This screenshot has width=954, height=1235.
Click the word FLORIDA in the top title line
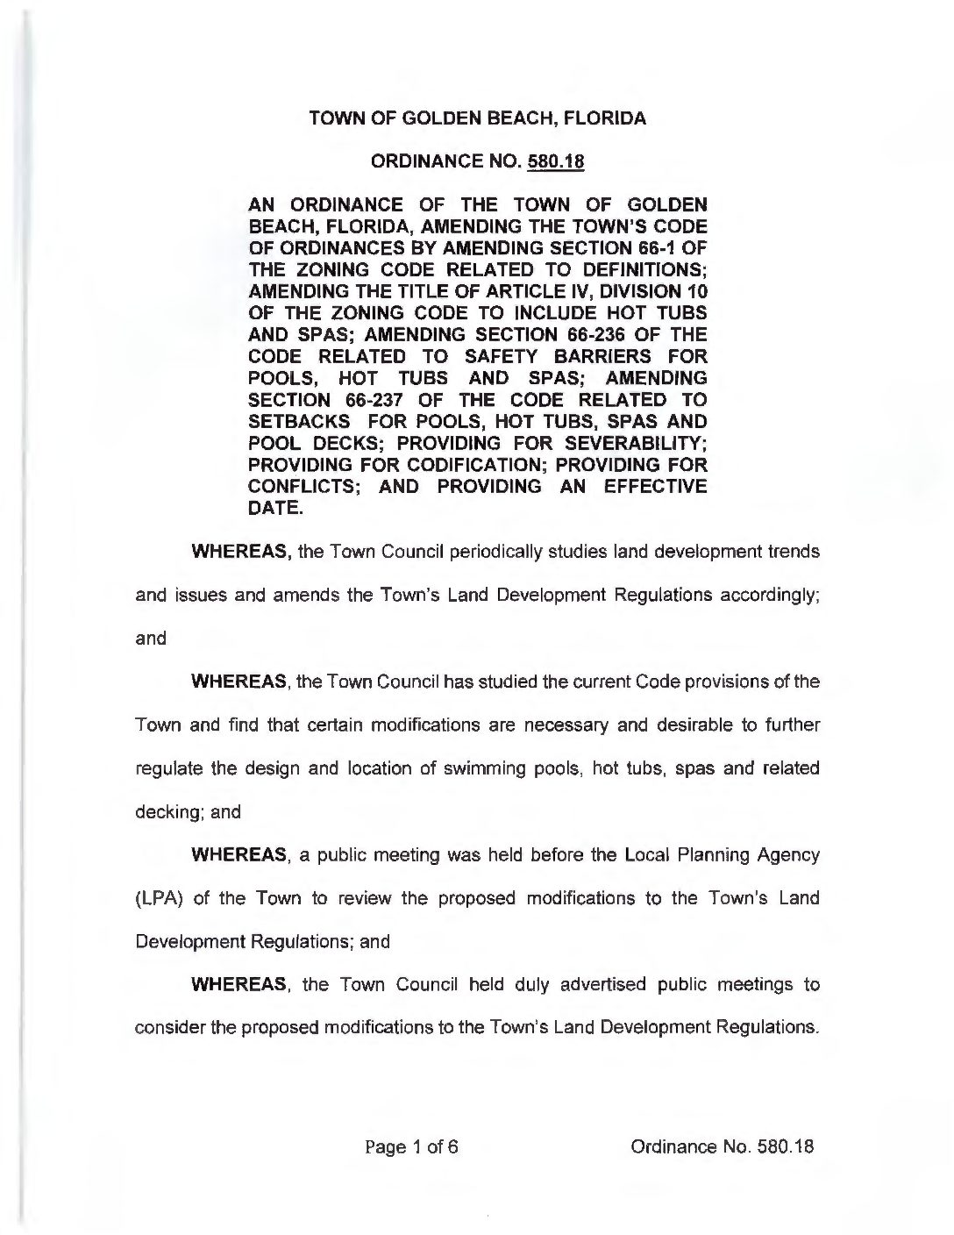[x=602, y=119]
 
